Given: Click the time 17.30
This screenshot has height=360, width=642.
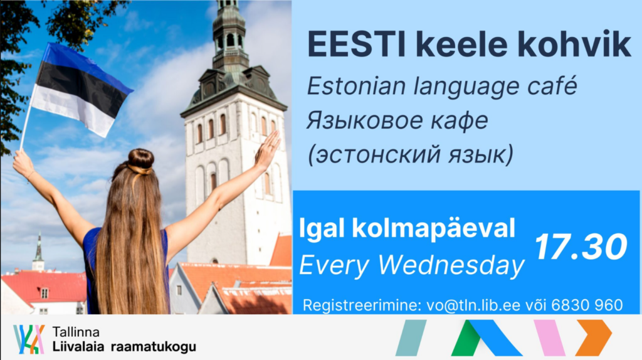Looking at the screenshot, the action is (581, 247).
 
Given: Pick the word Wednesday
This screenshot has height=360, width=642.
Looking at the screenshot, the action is (451, 265).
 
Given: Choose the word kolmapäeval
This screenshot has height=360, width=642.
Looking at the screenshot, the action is (434, 228).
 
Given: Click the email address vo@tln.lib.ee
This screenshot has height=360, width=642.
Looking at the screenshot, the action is (473, 305).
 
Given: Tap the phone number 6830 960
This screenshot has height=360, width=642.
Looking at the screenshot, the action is (587, 305).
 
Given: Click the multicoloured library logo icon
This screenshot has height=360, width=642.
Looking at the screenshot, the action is (29, 339).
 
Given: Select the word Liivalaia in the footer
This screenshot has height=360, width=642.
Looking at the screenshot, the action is (78, 347).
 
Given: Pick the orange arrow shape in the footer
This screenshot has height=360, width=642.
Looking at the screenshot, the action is (593, 337).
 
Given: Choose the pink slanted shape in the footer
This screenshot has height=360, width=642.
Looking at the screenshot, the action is (550, 338).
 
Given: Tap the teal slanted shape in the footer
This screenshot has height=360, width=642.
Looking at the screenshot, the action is (411, 338).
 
